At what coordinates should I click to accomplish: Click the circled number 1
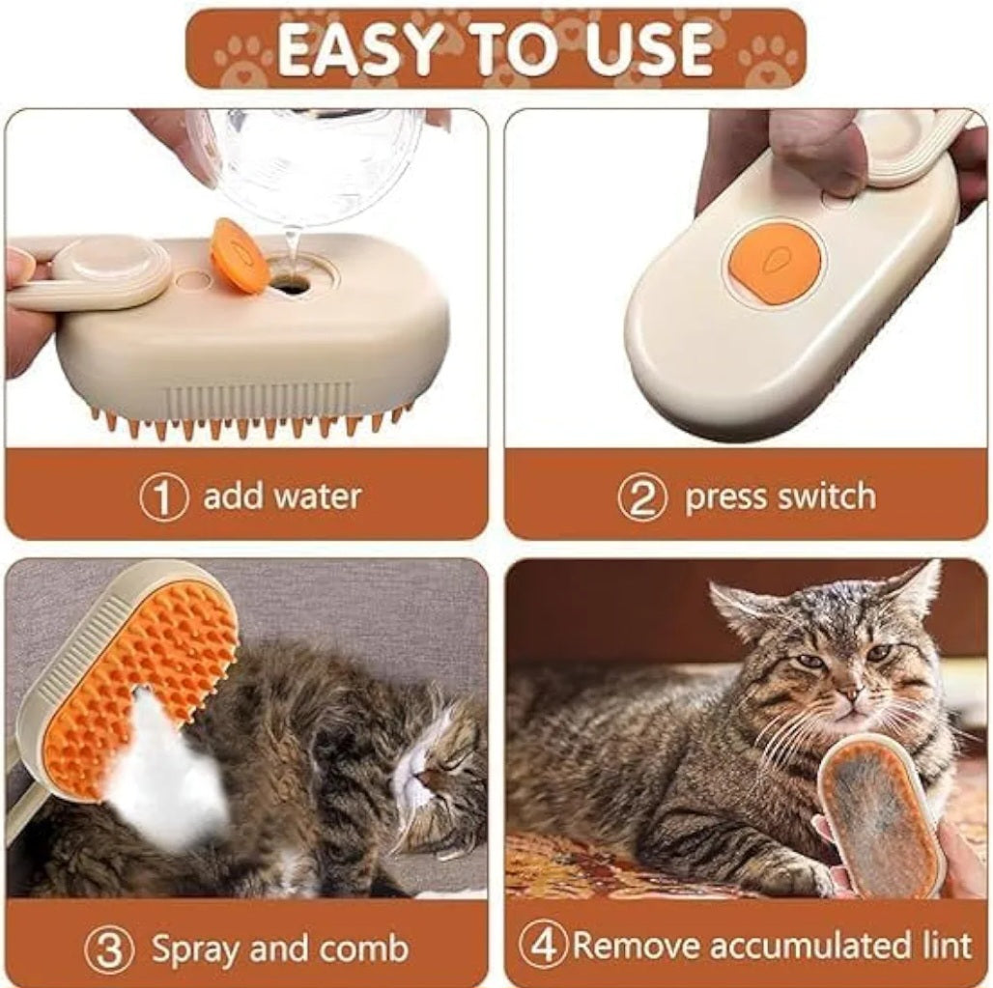162,497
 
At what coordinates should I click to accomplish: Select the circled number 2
642,497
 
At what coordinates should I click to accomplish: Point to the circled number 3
108,949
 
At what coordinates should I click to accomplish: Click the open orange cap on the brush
240,257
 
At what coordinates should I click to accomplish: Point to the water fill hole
291,283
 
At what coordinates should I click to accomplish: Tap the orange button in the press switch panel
775,263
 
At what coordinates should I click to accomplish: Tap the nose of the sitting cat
847,692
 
